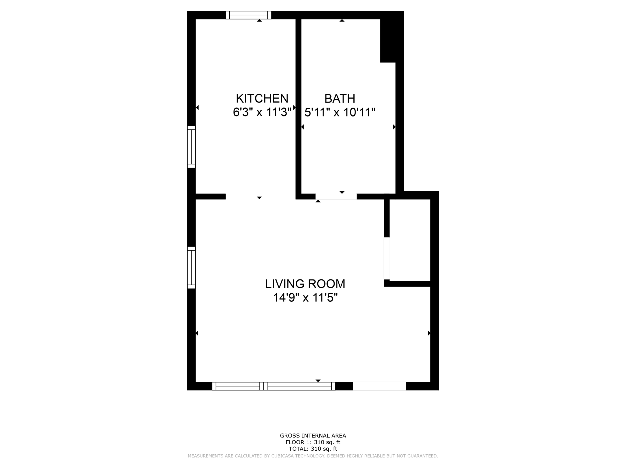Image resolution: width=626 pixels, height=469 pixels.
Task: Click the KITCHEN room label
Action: click(262, 99)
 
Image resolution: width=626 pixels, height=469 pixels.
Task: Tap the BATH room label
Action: click(340, 99)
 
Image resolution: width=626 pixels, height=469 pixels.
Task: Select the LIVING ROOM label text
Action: click(305, 284)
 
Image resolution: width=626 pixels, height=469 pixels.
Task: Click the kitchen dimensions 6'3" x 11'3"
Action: click(262, 112)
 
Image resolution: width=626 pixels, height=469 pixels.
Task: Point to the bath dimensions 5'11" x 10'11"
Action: click(340, 112)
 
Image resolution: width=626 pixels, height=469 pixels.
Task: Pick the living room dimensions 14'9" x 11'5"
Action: click(305, 298)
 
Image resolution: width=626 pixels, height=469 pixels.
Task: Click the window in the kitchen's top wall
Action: click(248, 15)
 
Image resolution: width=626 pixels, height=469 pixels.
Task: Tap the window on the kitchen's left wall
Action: click(191, 147)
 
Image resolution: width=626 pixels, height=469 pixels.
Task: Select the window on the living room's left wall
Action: click(191, 268)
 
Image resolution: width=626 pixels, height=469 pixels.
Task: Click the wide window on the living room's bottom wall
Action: click(274, 386)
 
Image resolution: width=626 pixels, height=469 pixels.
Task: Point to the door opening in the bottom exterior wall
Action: click(379, 386)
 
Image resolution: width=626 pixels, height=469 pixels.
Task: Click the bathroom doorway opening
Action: click(336, 196)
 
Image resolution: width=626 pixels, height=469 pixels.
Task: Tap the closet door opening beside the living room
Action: click(387, 258)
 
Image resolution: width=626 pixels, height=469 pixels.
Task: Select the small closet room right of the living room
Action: click(410, 240)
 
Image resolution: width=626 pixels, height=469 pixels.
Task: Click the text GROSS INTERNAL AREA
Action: click(313, 436)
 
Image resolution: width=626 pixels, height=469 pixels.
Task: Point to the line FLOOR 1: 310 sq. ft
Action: click(313, 442)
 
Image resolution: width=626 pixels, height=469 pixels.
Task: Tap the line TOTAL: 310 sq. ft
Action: click(313, 449)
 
